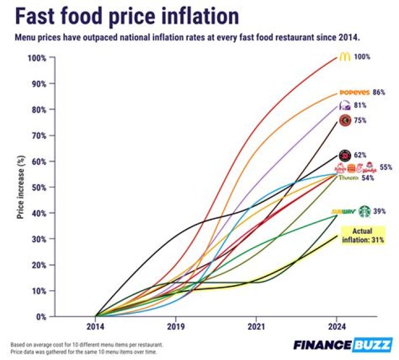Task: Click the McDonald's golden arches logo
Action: pyautogui.click(x=345, y=56)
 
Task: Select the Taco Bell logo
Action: pyautogui.click(x=345, y=106)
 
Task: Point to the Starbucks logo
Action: pyautogui.click(x=364, y=211)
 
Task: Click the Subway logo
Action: pyautogui.click(x=343, y=212)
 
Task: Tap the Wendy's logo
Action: pyautogui.click(x=369, y=168)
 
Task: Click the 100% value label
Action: pyautogui.click(x=362, y=57)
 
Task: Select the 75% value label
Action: pyautogui.click(x=360, y=121)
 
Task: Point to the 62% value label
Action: pyautogui.click(x=360, y=156)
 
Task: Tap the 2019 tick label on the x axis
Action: pyautogui.click(x=176, y=326)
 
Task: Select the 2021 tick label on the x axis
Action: pyautogui.click(x=257, y=326)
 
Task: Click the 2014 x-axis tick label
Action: pyautogui.click(x=96, y=326)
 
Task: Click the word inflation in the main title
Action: pyautogui.click(x=195, y=17)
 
